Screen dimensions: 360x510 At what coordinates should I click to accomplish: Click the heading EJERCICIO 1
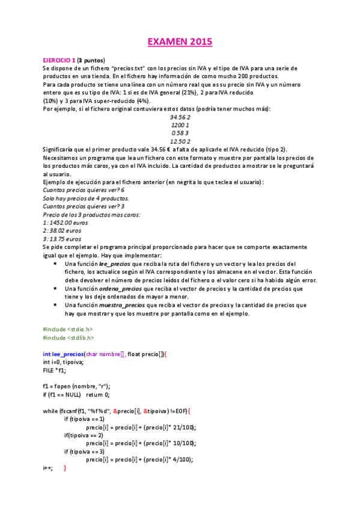tap(59, 60)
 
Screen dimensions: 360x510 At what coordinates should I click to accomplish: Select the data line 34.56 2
tap(180, 117)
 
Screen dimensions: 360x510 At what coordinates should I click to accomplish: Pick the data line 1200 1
tap(180, 124)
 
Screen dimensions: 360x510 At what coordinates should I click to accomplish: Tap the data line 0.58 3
tap(180, 132)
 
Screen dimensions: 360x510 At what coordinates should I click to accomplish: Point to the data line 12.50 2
tap(180, 141)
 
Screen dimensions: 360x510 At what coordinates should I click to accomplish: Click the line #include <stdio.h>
tap(68, 329)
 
